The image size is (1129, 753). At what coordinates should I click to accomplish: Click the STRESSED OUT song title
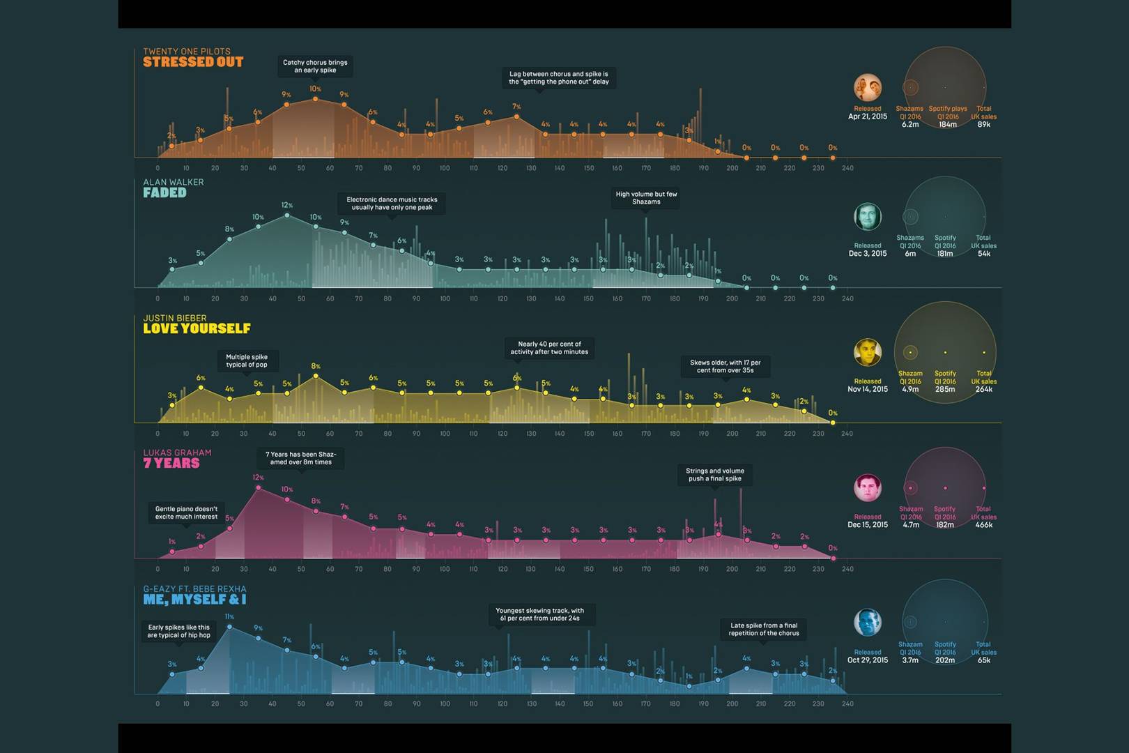point(193,62)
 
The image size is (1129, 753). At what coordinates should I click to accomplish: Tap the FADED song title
point(164,193)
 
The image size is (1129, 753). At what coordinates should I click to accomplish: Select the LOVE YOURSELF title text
point(197,328)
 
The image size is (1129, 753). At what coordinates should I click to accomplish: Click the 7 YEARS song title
point(171,464)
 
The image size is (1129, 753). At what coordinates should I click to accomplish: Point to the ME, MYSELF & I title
point(194,600)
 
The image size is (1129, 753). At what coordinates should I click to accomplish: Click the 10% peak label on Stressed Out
point(315,89)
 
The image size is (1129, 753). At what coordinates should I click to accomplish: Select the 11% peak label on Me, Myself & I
point(229,617)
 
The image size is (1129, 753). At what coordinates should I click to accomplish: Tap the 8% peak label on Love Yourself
point(316,366)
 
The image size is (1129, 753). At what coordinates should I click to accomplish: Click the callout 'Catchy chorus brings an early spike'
point(315,66)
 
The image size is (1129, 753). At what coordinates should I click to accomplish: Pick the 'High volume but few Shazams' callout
point(646,198)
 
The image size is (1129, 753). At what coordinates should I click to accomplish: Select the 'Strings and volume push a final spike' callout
point(714,475)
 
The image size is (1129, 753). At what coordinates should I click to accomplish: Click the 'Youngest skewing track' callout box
point(539,614)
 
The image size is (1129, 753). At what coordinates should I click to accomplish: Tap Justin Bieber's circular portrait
point(868,353)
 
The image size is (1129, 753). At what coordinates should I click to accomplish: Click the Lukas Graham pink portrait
point(868,488)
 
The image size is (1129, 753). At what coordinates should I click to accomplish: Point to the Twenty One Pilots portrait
point(868,87)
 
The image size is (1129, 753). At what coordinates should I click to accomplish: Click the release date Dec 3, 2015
point(868,254)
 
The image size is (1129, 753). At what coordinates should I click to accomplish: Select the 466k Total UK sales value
point(983,525)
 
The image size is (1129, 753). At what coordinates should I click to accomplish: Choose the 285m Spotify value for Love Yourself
point(945,390)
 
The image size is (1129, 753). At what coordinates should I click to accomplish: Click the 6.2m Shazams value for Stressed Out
point(910,125)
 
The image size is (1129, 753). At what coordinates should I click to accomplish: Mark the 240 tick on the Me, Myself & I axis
point(847,704)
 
